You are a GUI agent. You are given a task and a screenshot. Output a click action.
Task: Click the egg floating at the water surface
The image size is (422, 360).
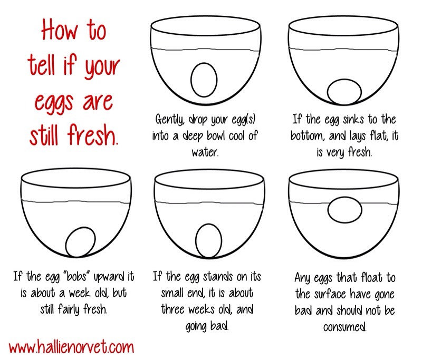pos(345,210)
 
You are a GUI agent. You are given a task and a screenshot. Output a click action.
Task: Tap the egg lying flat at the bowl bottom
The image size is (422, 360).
pos(344,92)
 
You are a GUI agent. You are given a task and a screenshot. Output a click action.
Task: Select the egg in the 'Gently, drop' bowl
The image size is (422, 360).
pos(204,80)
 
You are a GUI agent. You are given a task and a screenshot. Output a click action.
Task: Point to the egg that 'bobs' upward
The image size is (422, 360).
pos(80,242)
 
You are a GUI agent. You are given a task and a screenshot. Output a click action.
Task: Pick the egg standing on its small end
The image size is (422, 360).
pos(208,241)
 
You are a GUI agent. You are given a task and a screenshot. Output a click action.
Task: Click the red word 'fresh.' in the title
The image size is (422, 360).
pos(93,135)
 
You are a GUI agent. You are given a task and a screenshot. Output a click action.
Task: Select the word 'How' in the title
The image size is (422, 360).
pos(59,30)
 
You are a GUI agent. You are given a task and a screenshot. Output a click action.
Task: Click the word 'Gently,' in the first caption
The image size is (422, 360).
pos(170,119)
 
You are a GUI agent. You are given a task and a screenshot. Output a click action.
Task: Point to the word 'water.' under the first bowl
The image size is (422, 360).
pos(205,152)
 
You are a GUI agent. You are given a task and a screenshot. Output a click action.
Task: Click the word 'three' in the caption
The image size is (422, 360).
pos(174,309)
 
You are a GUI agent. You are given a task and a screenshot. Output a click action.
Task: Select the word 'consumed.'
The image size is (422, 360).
pos(345,327)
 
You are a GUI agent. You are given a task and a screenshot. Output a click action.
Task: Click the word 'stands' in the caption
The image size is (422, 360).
pos(218,276)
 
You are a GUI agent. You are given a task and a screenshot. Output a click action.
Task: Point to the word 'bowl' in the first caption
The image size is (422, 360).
pos(215,135)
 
